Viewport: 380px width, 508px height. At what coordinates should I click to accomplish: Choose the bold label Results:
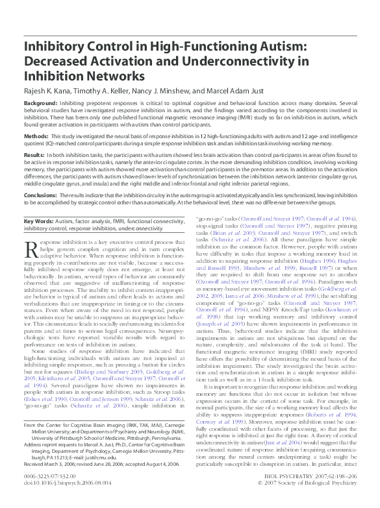(34, 156)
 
